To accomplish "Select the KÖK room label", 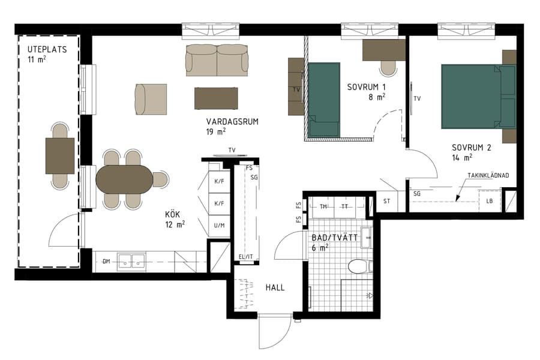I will pyautogui.click(x=173, y=214).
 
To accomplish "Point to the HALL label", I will pyautogui.click(x=275, y=287).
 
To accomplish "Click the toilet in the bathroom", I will pyautogui.click(x=360, y=265).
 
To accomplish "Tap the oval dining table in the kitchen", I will pyautogui.click(x=125, y=179).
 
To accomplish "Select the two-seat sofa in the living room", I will pyautogui.click(x=217, y=60).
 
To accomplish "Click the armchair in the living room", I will pyautogui.click(x=151, y=99).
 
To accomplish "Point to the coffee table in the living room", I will pyautogui.click(x=216, y=98).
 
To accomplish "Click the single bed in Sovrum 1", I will pyautogui.click(x=324, y=99).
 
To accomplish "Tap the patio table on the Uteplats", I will pyautogui.click(x=60, y=155).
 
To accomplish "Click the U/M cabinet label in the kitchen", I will pyautogui.click(x=219, y=225).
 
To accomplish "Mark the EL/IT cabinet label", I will pyautogui.click(x=246, y=257).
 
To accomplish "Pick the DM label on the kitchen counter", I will pyautogui.click(x=106, y=261).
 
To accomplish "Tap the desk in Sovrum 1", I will pyautogui.click(x=384, y=50).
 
